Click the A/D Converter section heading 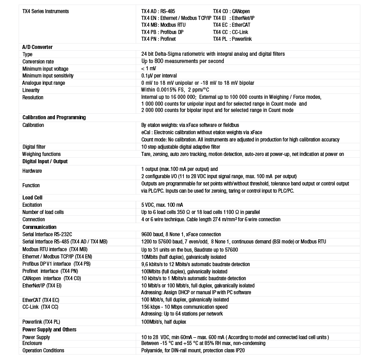tap(38, 47)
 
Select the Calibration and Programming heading tap(54, 117)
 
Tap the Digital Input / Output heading tap(45, 161)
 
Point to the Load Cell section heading tap(32, 198)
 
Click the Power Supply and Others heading tap(49, 330)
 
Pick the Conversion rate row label tap(38, 61)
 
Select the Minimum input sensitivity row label tap(48, 76)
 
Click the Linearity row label tap(31, 90)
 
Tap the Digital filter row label tap(34, 147)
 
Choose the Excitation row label tap(32, 205)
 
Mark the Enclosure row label tap(32, 343)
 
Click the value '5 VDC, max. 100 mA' tap(162, 205)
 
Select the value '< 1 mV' tap(149, 68)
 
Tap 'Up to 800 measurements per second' tap(182, 61)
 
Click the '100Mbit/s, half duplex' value tap(163, 322)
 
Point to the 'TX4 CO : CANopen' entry tap(231, 11)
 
